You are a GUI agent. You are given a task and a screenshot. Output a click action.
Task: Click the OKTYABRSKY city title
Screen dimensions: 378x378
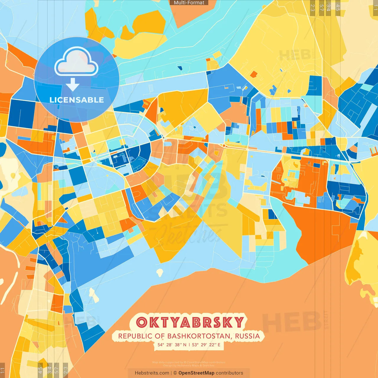[190, 322]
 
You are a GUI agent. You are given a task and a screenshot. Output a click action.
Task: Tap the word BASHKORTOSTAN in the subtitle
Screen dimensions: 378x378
[198, 336]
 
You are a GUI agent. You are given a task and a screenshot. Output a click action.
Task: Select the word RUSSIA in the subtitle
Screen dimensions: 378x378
[247, 336]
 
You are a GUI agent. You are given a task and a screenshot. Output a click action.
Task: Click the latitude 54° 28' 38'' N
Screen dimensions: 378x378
[172, 345]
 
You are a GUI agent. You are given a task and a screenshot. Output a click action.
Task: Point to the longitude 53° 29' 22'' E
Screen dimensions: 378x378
[206, 345]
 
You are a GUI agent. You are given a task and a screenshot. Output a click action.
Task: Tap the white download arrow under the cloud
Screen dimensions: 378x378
[73, 84]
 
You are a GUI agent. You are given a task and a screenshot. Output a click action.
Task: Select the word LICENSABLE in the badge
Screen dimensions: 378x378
[76, 100]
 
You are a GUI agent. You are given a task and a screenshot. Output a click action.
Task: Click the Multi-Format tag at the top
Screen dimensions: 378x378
[189, 3]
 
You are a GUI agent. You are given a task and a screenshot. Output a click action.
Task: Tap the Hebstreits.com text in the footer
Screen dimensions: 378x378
[152, 373]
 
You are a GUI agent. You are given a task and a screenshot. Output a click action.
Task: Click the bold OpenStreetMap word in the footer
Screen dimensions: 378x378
[196, 373]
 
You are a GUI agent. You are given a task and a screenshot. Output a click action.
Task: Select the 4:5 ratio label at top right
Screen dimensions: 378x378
[338, 8]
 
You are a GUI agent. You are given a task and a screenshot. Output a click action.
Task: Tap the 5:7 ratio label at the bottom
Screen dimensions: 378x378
[57, 370]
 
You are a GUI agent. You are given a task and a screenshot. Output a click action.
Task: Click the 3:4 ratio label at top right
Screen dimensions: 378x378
[328, 8]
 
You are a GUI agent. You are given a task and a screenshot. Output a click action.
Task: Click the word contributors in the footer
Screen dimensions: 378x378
[229, 373]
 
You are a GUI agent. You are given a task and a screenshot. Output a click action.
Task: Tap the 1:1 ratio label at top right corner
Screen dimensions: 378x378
[375, 8]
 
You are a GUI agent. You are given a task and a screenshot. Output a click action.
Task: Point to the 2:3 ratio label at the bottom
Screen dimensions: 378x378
[66, 370]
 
